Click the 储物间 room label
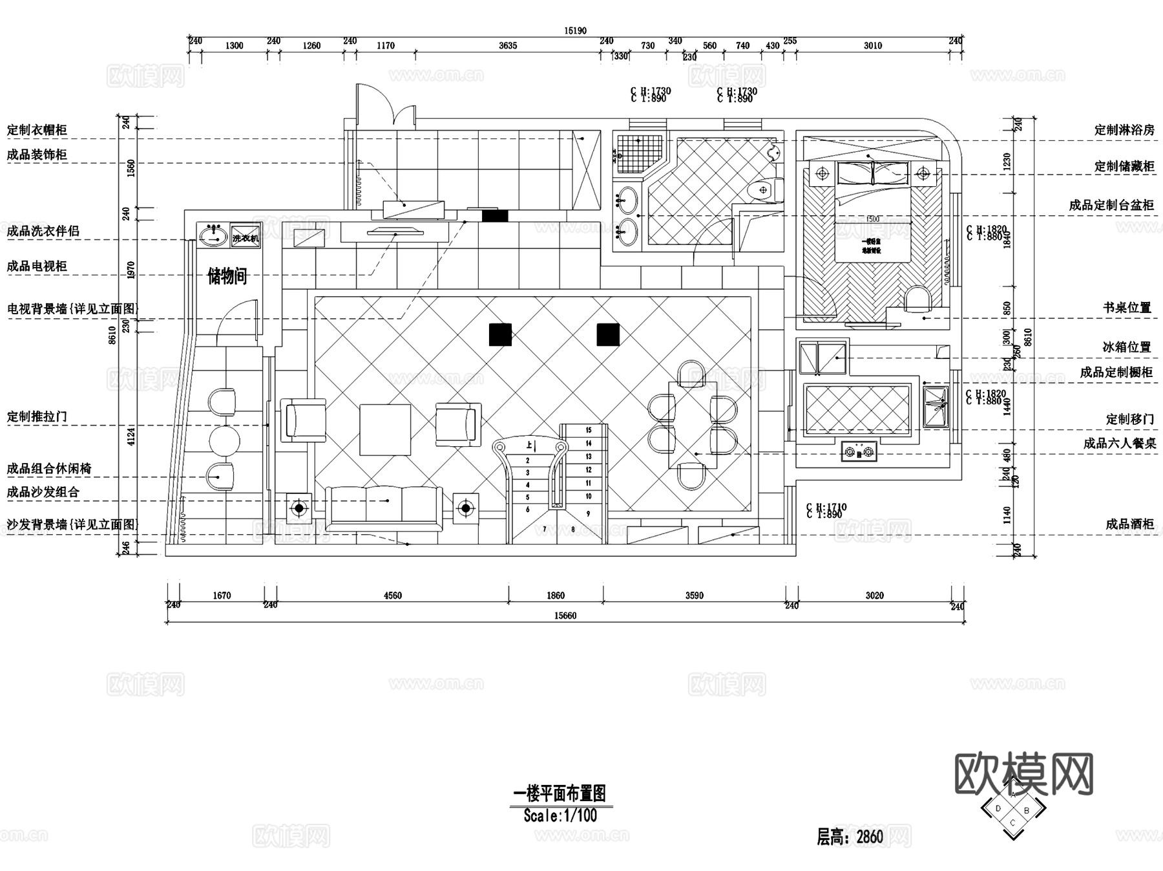tap(227, 277)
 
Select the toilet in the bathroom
tap(764, 190)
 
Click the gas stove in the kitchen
tap(859, 451)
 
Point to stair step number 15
tap(589, 430)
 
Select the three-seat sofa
tap(384, 507)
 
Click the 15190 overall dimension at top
tap(575, 30)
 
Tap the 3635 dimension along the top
tap(508, 46)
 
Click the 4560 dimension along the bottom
tap(392, 596)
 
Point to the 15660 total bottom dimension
tap(565, 616)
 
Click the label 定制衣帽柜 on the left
tap(37, 130)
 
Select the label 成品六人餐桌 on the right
tap(1119, 444)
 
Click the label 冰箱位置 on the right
tap(1127, 347)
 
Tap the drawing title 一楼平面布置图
tap(560, 793)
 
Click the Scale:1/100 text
tap(560, 815)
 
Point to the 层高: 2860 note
tap(850, 837)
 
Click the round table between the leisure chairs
tap(224, 440)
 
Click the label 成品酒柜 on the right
tap(1129, 524)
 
